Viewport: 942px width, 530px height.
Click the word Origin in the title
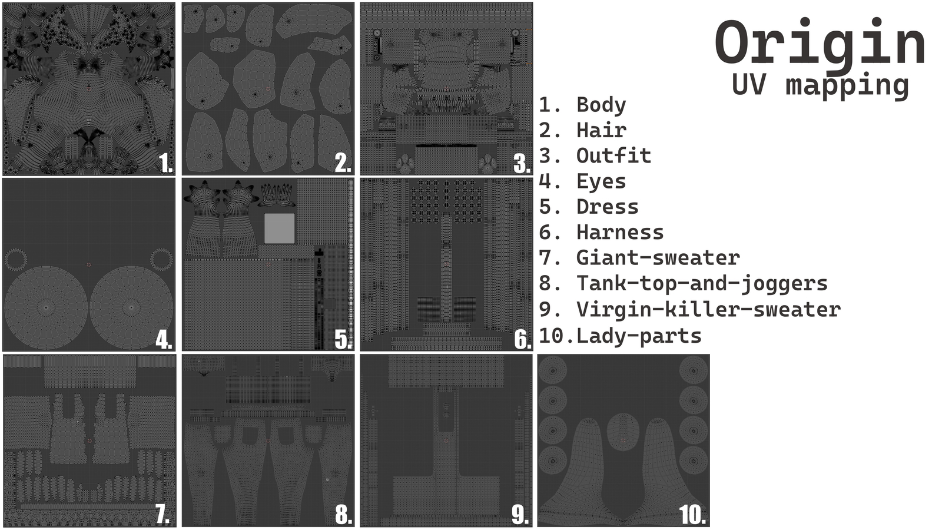820,44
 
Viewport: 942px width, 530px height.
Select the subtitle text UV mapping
820,85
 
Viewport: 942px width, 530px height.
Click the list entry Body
601,105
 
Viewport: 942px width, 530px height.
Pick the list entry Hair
601,130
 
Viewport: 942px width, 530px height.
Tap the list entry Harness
619,233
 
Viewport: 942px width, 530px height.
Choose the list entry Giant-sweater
657,258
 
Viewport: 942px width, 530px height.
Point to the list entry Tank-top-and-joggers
701,284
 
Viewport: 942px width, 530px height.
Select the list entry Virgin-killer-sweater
708,310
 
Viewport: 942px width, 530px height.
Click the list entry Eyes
601,181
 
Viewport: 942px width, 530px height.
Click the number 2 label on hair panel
343,163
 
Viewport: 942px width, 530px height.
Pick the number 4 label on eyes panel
164,340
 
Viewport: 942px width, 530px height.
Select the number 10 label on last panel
692,515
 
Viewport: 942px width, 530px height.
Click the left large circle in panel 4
46,307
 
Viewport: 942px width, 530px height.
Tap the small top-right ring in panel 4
161,259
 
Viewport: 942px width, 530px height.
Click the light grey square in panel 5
279,228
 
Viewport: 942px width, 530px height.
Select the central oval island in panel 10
623,432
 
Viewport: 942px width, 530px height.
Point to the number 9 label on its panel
520,515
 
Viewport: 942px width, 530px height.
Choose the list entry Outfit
613,156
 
